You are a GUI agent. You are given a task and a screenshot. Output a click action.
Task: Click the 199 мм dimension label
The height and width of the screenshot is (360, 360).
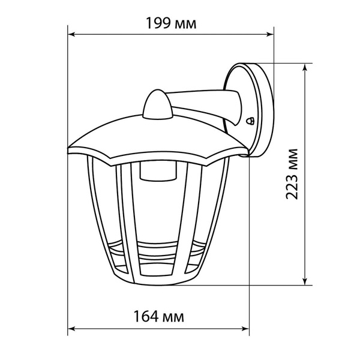point(171,23)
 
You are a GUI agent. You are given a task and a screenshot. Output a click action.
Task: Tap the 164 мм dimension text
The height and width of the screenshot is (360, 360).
point(158,316)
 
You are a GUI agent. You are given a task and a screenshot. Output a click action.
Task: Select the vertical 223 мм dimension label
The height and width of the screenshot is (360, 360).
point(292,174)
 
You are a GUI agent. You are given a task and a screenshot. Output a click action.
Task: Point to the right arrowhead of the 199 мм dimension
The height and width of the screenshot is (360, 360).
point(270,35)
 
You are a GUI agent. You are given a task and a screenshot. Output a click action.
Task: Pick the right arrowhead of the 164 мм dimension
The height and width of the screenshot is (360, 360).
point(245,329)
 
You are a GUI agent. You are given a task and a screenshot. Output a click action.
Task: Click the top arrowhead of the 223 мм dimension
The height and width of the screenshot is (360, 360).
point(305,67)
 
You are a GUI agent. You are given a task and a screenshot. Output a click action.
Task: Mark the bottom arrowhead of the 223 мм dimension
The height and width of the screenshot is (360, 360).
point(305,281)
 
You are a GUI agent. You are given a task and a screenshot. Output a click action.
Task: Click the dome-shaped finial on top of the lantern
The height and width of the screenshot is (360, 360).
point(157,104)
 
